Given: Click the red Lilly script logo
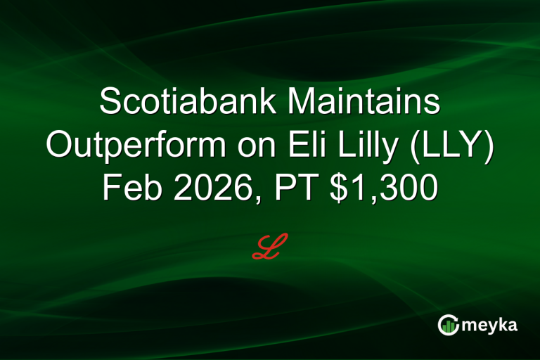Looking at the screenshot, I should click(x=270, y=247).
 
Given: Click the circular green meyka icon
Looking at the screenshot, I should click(x=449, y=325).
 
